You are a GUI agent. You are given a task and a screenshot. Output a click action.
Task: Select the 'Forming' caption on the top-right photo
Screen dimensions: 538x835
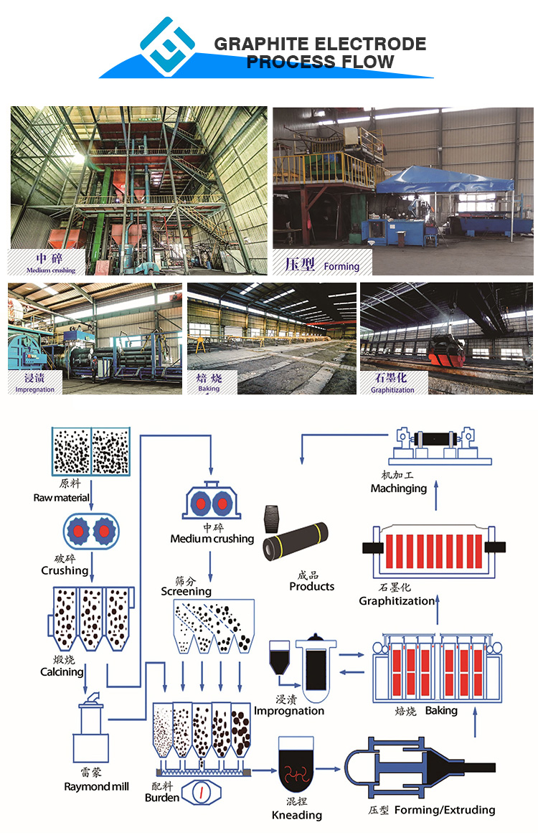[x=341, y=266]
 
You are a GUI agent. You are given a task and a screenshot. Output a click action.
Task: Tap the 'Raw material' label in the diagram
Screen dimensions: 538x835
[x=61, y=497]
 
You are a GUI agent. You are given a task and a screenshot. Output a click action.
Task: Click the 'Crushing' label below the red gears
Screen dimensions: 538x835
[x=65, y=570]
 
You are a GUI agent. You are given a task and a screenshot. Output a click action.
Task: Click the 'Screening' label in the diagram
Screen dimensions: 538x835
[x=186, y=591]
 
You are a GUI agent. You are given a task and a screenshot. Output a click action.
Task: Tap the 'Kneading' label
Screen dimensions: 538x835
[x=297, y=815]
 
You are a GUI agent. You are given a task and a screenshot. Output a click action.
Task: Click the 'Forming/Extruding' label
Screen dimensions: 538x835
[x=445, y=810]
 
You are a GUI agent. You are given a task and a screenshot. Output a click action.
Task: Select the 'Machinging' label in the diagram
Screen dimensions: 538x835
[x=399, y=488]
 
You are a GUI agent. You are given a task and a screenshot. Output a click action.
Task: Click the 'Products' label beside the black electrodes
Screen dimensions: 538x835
[x=312, y=586]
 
